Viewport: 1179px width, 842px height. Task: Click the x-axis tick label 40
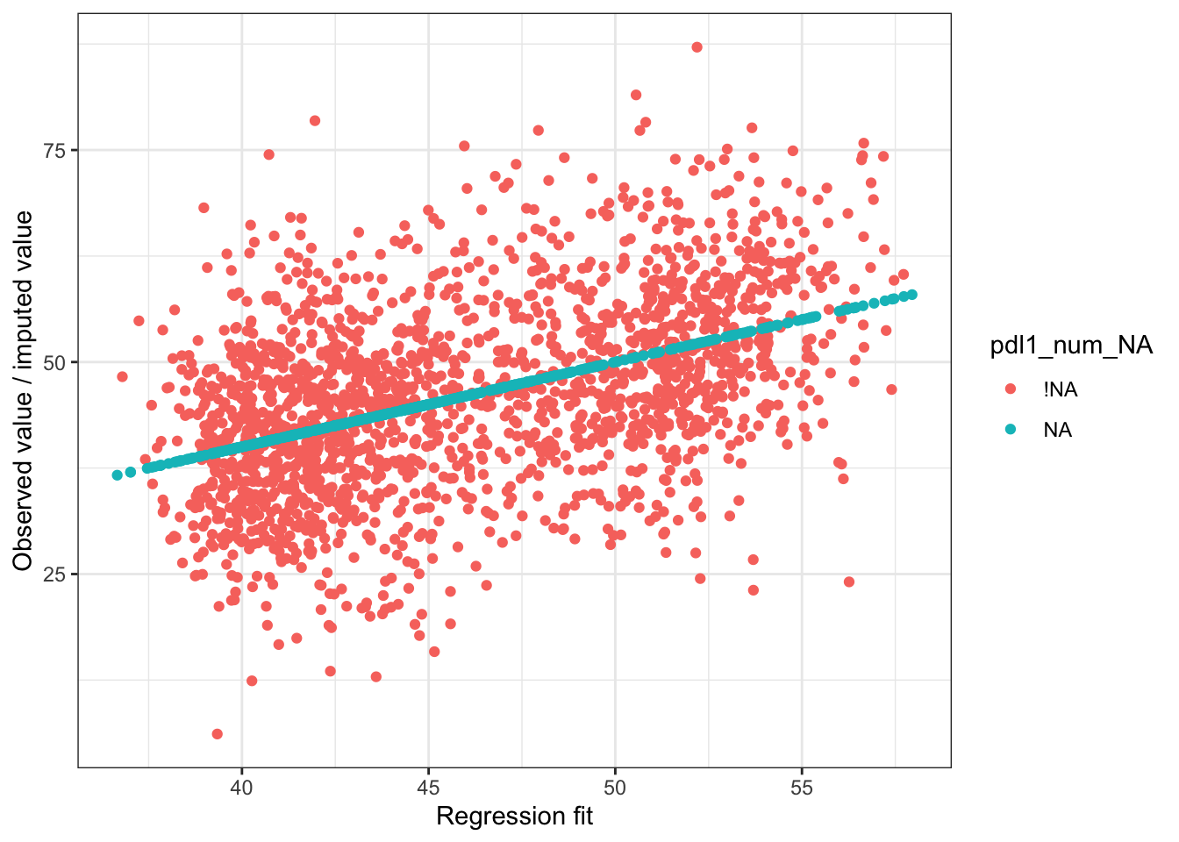(241, 788)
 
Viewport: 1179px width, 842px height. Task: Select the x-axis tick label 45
(428, 788)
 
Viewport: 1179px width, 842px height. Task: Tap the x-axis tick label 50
(615, 788)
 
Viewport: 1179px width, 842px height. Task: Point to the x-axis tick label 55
(802, 788)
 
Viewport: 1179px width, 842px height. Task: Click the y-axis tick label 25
(54, 574)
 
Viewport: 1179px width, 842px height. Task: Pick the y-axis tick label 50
(54, 362)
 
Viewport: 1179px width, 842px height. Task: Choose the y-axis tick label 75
(54, 150)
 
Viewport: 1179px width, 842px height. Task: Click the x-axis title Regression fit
(514, 817)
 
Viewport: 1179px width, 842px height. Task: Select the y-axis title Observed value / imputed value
(24, 390)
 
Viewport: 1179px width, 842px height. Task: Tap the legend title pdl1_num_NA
(1071, 346)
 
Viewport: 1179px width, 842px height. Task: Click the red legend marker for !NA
(1010, 389)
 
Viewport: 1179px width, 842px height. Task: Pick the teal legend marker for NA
(1010, 429)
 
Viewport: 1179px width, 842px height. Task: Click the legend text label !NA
(1060, 389)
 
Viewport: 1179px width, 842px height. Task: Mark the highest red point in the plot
(697, 47)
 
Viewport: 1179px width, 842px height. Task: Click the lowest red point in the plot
(218, 734)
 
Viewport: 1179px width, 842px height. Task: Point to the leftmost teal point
(118, 475)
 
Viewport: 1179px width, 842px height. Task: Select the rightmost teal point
(912, 295)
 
